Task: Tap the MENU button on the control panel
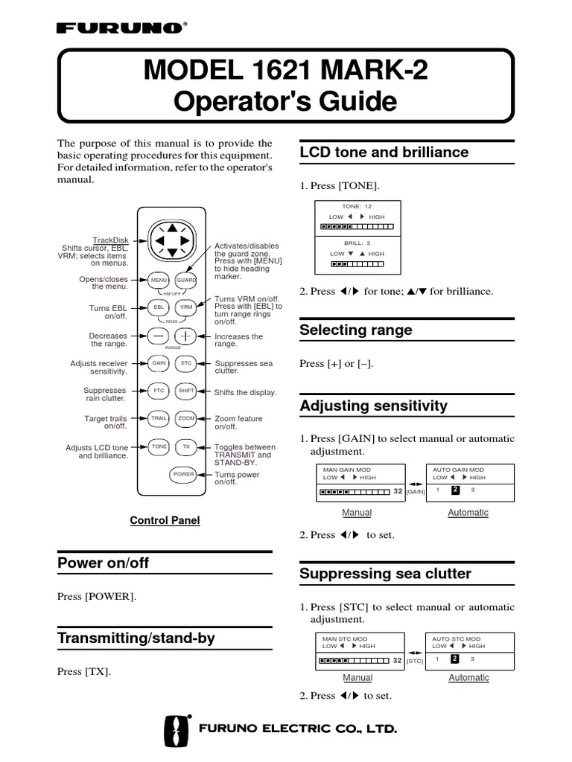[159, 280]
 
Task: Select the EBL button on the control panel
[159, 307]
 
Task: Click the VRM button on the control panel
[186, 307]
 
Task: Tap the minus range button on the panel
[159, 336]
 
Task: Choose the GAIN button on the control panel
[159, 363]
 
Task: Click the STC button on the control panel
[186, 363]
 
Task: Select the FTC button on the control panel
[159, 391]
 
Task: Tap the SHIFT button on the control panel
[186, 391]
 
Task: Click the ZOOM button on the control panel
[186, 418]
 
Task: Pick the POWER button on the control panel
[183, 474]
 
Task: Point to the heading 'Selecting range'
[355, 330]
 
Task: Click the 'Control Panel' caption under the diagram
[165, 521]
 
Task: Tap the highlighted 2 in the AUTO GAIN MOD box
[455, 490]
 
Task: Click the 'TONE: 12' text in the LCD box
[357, 205]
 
